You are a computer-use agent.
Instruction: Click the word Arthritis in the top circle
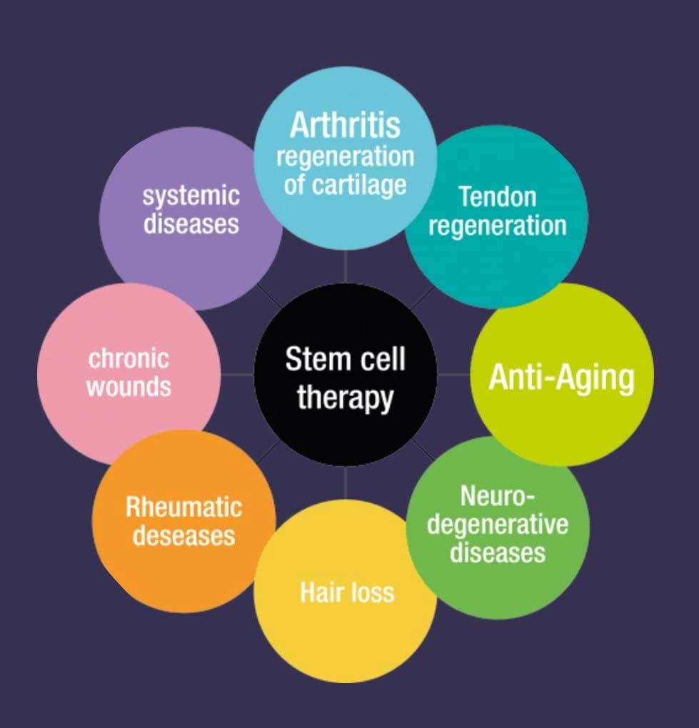coord(345,126)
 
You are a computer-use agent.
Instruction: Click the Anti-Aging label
coord(561,376)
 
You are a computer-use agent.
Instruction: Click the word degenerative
coord(498,524)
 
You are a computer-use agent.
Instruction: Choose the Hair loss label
coord(346,592)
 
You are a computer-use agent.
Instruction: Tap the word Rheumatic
coord(183,507)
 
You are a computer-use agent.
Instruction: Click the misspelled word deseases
coord(183,535)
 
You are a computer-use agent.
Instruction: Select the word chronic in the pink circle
coord(129,358)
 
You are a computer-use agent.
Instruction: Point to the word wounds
coord(129,386)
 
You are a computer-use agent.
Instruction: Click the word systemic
coord(191,195)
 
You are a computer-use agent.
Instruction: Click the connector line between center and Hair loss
coord(346,483)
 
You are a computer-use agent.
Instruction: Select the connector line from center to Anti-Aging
coord(454,375)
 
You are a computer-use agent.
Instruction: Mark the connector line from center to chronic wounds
coord(237,375)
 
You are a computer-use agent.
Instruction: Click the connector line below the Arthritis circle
coord(346,266)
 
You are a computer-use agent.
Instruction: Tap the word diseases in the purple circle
coord(191,223)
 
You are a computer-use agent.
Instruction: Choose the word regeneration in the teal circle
coord(497,226)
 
